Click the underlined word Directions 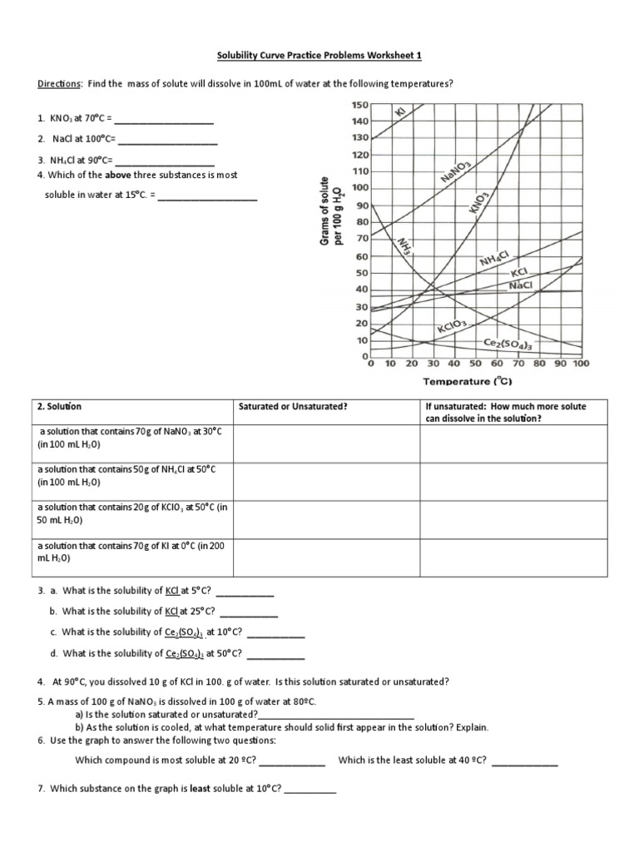point(59,85)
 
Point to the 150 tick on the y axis point(359,105)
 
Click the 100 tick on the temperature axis point(580,364)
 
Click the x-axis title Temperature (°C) point(468,382)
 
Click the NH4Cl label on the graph point(499,261)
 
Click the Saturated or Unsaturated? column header point(293,406)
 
